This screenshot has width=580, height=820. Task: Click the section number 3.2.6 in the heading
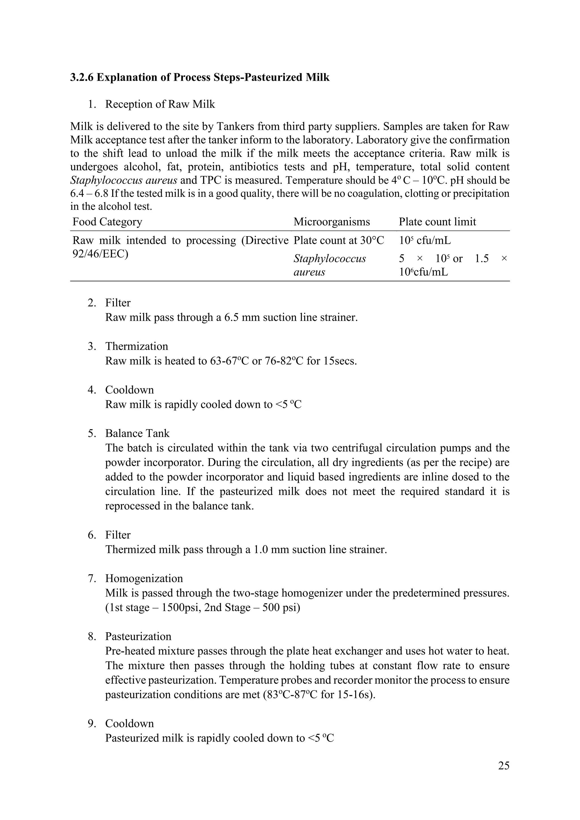coord(82,78)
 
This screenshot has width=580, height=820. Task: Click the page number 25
coord(503,765)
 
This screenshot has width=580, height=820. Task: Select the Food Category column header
coord(107,222)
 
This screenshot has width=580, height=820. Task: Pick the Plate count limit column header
coord(437,222)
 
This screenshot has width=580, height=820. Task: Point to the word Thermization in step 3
coord(137,346)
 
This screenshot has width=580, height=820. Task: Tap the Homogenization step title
coord(144,578)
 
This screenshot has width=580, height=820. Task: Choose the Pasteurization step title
coord(138,637)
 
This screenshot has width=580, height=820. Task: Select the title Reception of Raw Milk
coord(160,104)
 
